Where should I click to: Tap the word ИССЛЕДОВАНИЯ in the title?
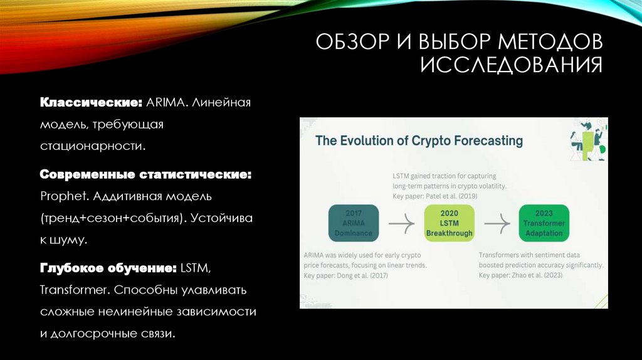(511, 65)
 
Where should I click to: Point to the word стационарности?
(93, 146)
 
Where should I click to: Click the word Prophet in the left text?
(64, 196)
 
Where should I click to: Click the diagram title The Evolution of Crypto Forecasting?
(419, 140)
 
